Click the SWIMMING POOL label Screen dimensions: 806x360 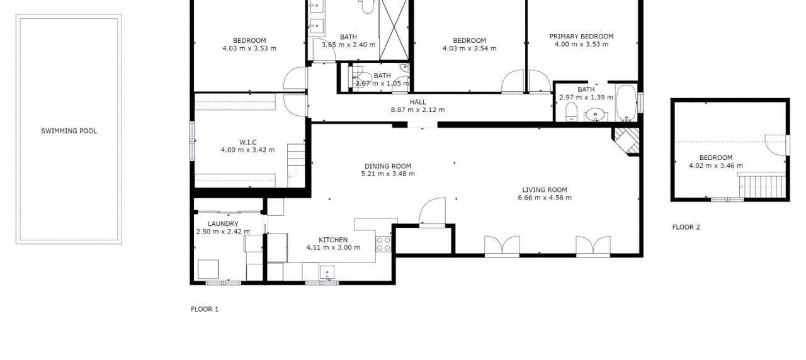pyautogui.click(x=69, y=131)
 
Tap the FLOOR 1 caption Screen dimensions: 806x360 pyautogui.click(x=205, y=309)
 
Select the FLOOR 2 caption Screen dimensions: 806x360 pyautogui.click(x=686, y=227)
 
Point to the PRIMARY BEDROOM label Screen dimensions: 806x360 pyautogui.click(x=581, y=37)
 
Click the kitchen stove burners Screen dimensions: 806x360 pyautogui.click(x=383, y=244)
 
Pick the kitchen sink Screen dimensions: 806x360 pyautogui.click(x=327, y=273)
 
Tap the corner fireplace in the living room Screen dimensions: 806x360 pyautogui.click(x=627, y=142)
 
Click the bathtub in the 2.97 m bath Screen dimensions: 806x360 pyautogui.click(x=626, y=103)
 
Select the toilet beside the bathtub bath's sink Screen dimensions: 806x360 pyautogui.click(x=571, y=112)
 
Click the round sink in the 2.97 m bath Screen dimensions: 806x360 pyautogui.click(x=596, y=115)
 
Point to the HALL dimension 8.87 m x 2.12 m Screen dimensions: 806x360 pyautogui.click(x=417, y=110)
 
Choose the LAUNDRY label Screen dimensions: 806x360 pyautogui.click(x=223, y=223)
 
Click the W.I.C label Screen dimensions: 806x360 pyautogui.click(x=248, y=142)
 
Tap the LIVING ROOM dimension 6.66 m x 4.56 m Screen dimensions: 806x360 pyautogui.click(x=545, y=198)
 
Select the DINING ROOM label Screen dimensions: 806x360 pyautogui.click(x=387, y=166)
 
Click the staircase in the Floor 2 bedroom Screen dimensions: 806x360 pyautogui.click(x=762, y=186)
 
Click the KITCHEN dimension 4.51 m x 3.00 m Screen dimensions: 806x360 pyautogui.click(x=333, y=247)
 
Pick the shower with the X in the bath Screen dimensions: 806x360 pyautogui.click(x=394, y=30)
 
